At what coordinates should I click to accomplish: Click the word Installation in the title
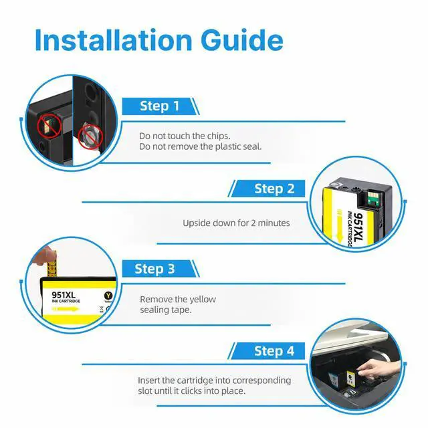(x=114, y=40)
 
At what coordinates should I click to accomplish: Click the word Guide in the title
(x=242, y=40)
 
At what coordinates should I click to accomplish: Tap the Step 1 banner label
(x=160, y=106)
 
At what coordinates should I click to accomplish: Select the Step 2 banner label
(x=274, y=189)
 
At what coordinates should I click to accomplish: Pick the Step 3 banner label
(x=154, y=269)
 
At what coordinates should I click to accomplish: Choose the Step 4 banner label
(x=274, y=351)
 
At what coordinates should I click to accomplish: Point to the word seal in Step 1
(x=251, y=146)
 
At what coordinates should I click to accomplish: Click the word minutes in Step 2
(x=274, y=223)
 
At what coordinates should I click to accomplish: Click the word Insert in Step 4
(x=148, y=381)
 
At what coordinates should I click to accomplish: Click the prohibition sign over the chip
(x=49, y=126)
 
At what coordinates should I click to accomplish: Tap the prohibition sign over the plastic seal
(x=91, y=137)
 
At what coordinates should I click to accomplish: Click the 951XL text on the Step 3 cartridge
(x=64, y=295)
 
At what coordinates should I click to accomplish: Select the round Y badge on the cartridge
(x=108, y=296)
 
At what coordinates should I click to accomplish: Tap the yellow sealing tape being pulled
(x=52, y=269)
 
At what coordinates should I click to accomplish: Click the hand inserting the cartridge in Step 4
(x=378, y=368)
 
